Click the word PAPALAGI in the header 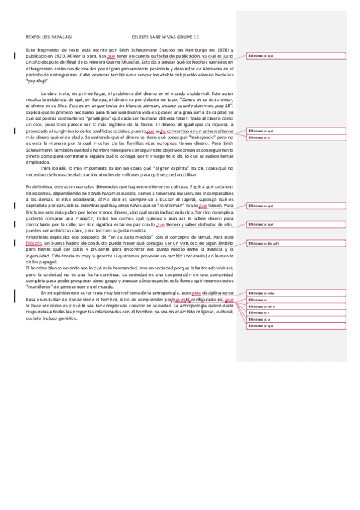pyautogui.click(x=64, y=36)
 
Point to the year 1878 pyautogui.click(x=221, y=49)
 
